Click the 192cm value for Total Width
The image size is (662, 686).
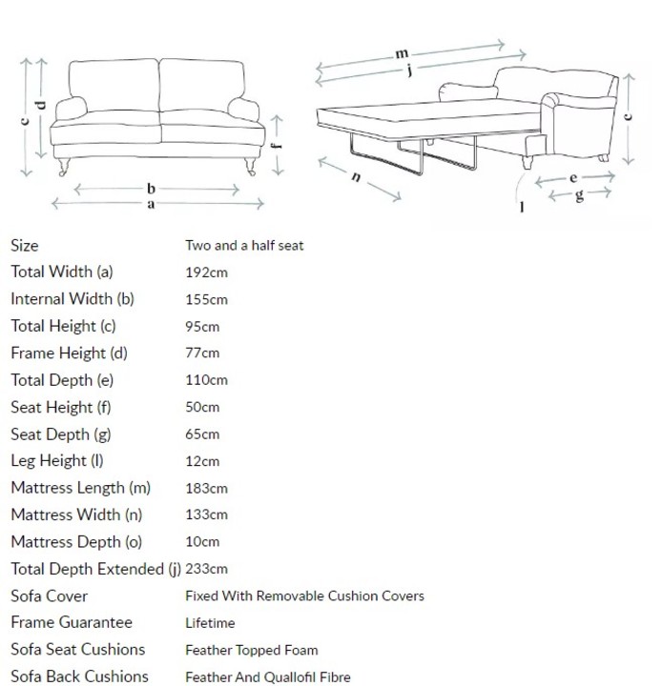[206, 272]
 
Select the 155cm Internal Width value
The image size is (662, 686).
[206, 299]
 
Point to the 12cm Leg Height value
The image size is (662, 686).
[202, 461]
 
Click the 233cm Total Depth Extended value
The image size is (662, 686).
[206, 569]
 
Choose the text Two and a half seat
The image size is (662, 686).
[244, 246]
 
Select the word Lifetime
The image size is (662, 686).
[210, 623]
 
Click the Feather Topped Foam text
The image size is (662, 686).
[252, 650]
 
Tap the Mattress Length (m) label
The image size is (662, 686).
[81, 488]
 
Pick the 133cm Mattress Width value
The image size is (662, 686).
[206, 514]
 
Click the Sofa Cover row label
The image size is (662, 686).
[49, 596]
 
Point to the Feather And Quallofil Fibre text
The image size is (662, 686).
[267, 677]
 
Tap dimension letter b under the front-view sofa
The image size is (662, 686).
[151, 190]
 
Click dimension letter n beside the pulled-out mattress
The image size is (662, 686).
[356, 178]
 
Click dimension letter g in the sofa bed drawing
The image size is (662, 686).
[579, 194]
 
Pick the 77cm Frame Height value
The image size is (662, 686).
[202, 353]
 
